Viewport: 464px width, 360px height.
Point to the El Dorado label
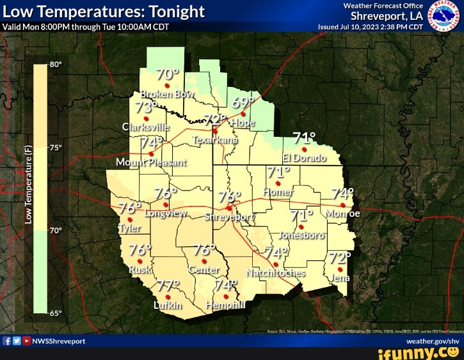pos(304,158)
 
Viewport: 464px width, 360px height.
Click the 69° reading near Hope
pos(243,103)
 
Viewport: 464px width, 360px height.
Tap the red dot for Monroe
pos(343,205)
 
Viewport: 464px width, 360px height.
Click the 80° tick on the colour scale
pos(56,65)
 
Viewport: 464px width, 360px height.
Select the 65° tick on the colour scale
pos(56,313)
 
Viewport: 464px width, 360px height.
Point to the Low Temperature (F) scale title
pos(28,185)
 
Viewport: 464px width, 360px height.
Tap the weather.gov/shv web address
pos(433,341)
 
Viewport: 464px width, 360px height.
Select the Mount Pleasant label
pos(151,162)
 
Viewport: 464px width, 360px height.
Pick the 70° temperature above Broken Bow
pos(167,74)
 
